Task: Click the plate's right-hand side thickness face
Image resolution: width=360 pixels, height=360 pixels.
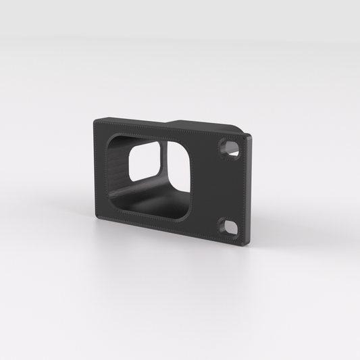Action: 249,189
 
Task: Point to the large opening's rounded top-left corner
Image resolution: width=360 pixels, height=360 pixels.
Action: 111,137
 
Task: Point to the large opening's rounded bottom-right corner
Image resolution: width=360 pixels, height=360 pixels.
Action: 190,216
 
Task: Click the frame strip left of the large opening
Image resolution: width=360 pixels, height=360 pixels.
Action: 101,169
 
